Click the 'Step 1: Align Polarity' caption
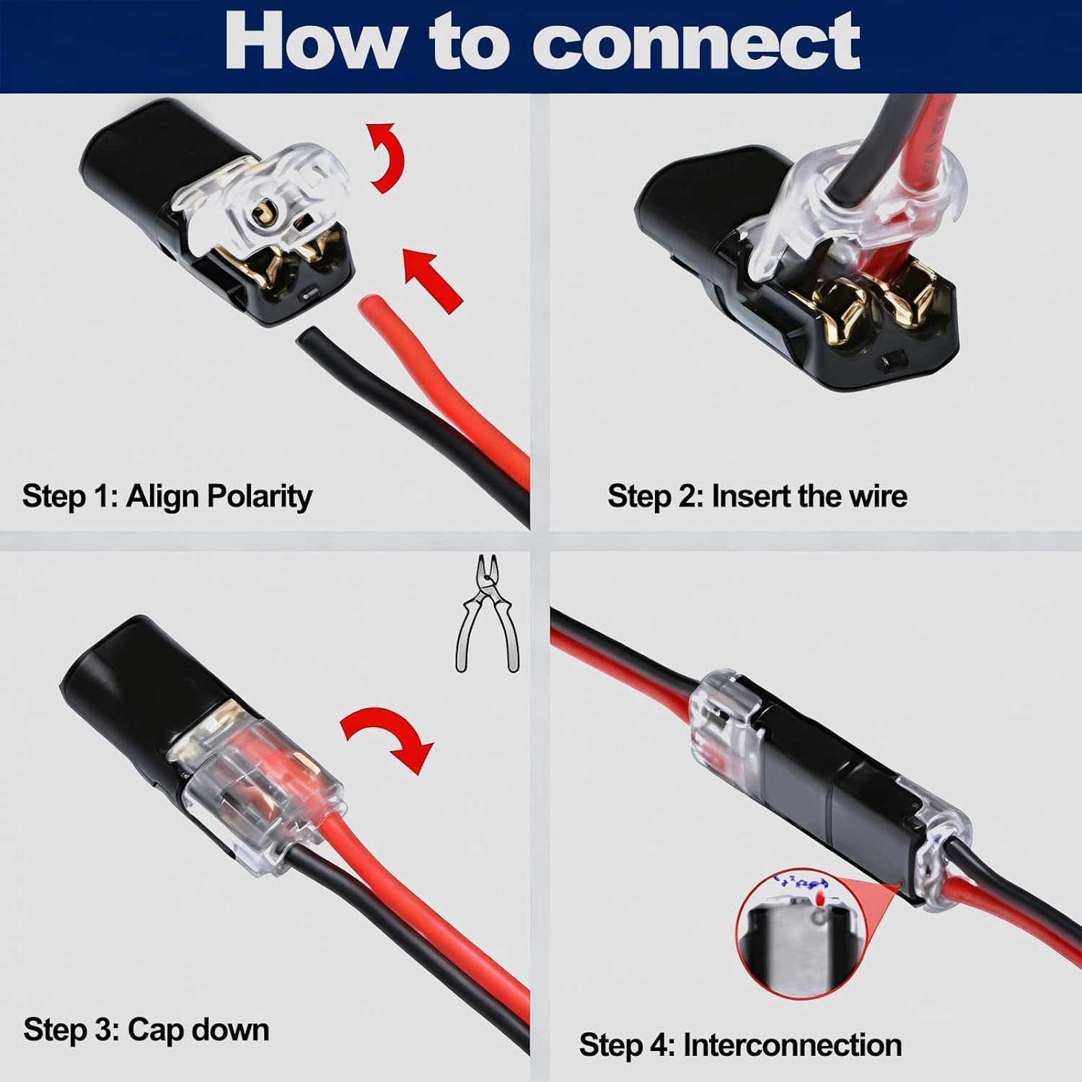pyautogui.click(x=167, y=496)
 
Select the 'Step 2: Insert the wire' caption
pyautogui.click(x=757, y=496)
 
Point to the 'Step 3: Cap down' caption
pyautogui.click(x=146, y=1029)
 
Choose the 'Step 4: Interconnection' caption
pyautogui.click(x=740, y=1044)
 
